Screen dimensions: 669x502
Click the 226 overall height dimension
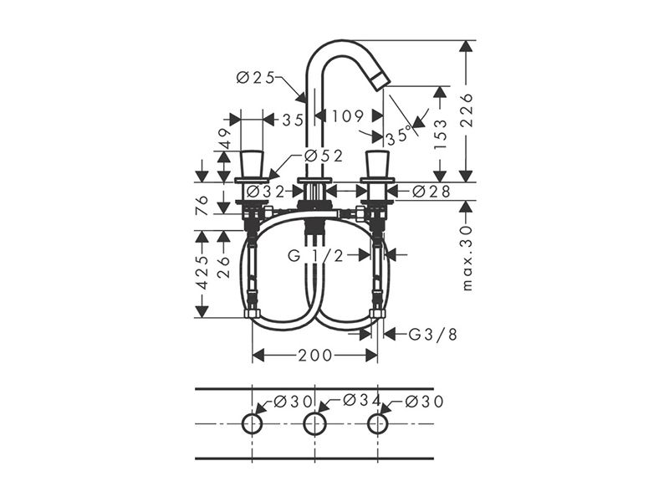click(467, 110)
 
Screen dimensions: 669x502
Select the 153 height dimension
click(440, 134)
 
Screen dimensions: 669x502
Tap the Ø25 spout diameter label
click(255, 78)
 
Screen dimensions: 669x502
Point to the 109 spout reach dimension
click(348, 115)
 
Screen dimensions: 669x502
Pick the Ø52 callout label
click(324, 156)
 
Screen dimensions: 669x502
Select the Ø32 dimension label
click(265, 192)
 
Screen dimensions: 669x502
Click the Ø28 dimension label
click(432, 192)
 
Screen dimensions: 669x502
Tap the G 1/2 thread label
click(316, 255)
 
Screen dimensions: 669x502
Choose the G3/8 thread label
click(432, 334)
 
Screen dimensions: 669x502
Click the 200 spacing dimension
click(315, 355)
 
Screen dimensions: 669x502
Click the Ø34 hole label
click(362, 400)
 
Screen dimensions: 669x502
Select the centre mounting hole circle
click(315, 424)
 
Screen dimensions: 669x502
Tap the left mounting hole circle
click(253, 423)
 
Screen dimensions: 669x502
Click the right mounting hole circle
click(378, 423)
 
